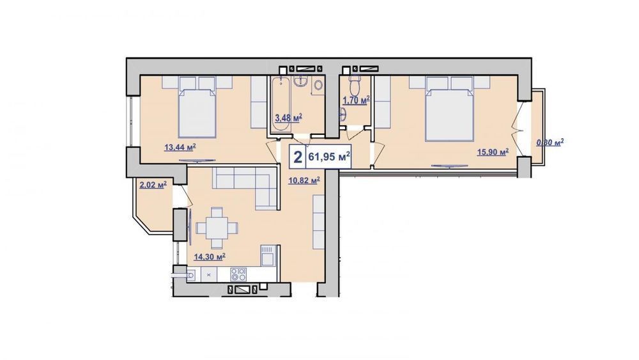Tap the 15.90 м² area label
493,152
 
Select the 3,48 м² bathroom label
289,118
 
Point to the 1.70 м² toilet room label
356,100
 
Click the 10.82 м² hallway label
304,180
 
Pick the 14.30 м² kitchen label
210,256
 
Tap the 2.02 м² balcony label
153,185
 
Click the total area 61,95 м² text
330,156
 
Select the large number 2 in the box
298,157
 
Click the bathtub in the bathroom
281,104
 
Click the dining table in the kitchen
217,228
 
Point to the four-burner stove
238,274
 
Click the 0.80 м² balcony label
550,143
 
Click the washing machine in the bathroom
318,86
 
